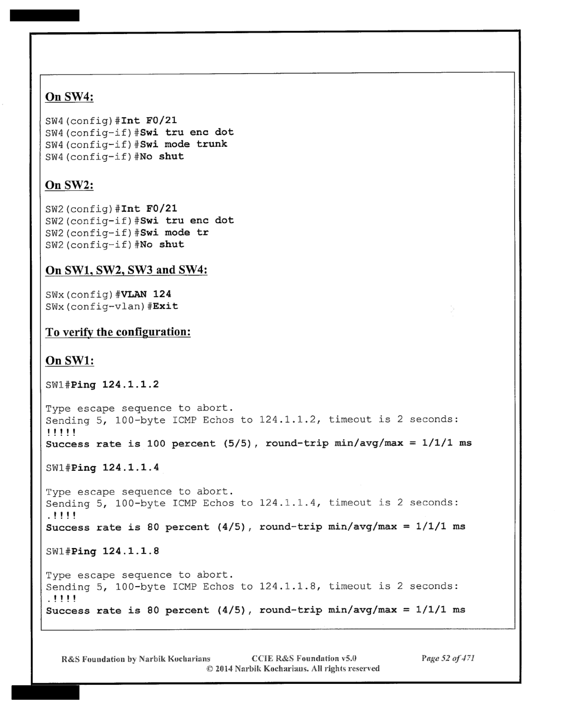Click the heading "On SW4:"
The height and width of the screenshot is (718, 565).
69,97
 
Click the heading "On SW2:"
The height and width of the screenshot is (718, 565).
69,185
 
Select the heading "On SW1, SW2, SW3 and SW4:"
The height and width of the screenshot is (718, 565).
126,270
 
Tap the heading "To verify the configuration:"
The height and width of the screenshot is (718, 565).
118,332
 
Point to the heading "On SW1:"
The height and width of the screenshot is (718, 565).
70,361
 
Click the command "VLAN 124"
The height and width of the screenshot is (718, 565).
146,294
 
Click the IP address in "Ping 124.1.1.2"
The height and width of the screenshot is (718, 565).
131,385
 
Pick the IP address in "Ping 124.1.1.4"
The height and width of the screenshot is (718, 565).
131,468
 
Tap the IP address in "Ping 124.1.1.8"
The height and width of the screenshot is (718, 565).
131,551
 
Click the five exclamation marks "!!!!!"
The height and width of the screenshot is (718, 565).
61,432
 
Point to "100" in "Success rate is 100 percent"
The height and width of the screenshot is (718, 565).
156,443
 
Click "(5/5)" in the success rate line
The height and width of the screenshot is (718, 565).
237,443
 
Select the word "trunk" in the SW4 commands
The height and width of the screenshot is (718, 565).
212,144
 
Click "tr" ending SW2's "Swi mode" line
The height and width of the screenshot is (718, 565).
203,233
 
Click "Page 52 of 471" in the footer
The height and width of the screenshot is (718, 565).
448,658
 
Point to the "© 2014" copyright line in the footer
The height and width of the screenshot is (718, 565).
293,668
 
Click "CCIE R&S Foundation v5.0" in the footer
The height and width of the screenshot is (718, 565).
304,659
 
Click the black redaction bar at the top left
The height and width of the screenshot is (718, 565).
45,16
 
